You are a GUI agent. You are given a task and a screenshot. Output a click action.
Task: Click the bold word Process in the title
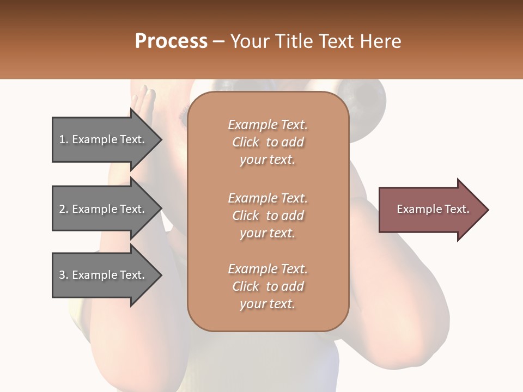[171, 41]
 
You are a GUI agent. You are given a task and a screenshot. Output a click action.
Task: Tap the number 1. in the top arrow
[64, 140]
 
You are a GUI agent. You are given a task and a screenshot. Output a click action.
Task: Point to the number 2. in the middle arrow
[64, 210]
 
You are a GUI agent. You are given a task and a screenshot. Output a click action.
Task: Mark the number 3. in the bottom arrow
[64, 275]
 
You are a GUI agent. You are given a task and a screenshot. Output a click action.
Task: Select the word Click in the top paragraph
[246, 142]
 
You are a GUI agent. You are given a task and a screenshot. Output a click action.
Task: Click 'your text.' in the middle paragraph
[267, 233]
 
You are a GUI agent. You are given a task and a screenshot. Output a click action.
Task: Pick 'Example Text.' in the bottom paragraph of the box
[267, 269]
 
